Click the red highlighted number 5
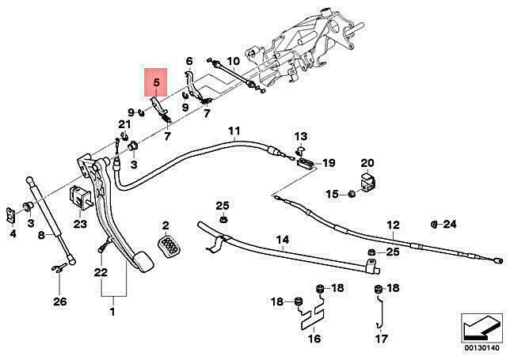tap(157, 82)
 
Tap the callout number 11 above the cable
tap(234, 131)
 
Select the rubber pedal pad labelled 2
tap(169, 246)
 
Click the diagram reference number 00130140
tap(481, 348)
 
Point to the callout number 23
tap(80, 224)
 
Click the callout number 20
tap(367, 163)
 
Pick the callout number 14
tap(282, 240)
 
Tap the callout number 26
tap(60, 301)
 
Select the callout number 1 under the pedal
tap(112, 312)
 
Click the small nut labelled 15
tap(352, 195)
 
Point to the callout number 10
tap(233, 61)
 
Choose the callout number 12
tap(393, 225)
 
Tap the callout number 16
tap(314, 339)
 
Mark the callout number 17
tap(382, 339)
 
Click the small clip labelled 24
tap(434, 224)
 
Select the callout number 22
tap(101, 272)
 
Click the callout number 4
tap(13, 233)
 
